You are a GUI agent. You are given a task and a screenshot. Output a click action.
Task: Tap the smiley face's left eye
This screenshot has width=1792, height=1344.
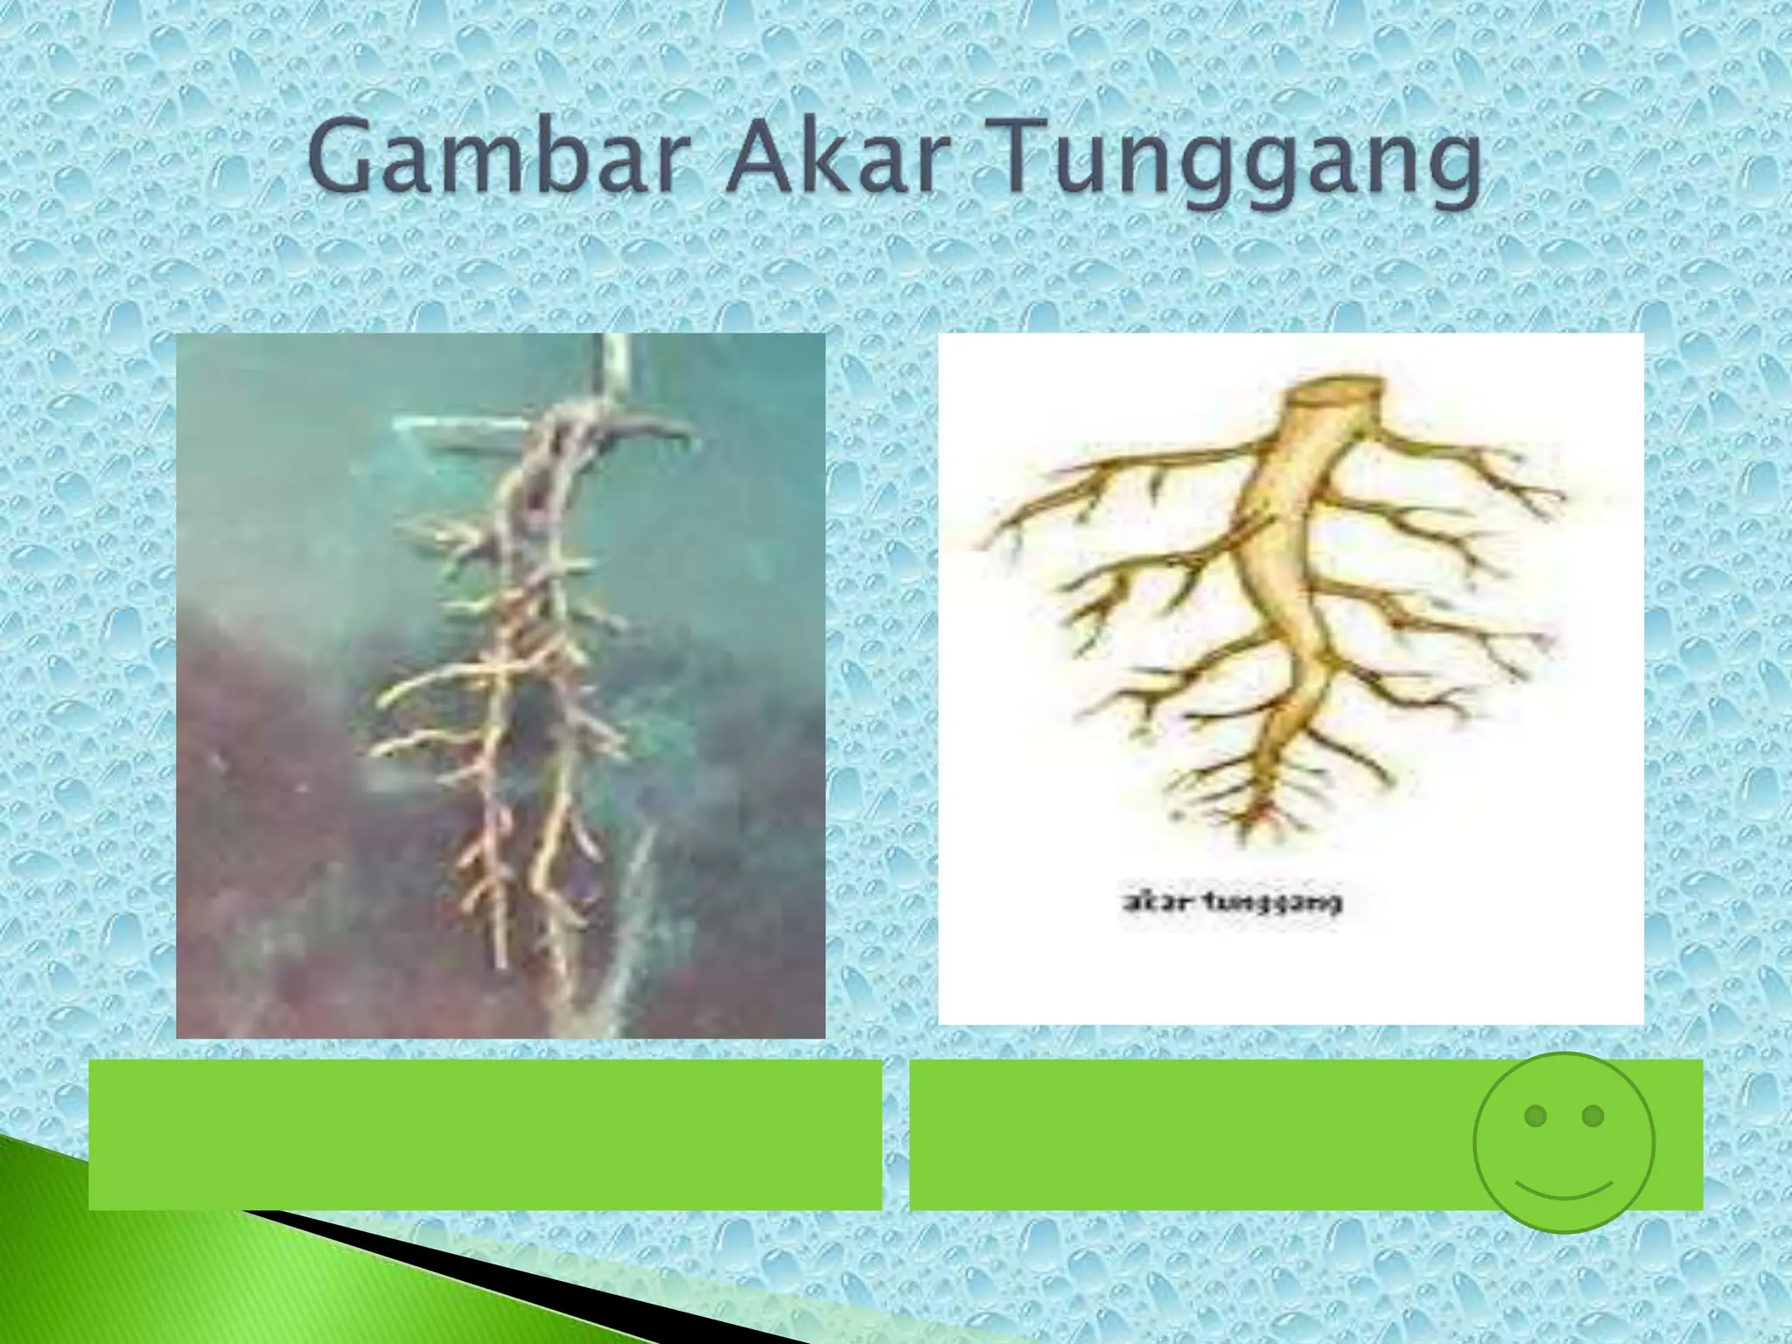[1534, 1116]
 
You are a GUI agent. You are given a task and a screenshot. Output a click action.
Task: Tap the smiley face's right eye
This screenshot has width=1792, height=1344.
[1593, 1116]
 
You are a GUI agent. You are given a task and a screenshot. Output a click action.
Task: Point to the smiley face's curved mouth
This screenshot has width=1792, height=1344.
[1564, 1189]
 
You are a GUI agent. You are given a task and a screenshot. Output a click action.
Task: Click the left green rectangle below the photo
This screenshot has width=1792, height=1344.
[485, 1134]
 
